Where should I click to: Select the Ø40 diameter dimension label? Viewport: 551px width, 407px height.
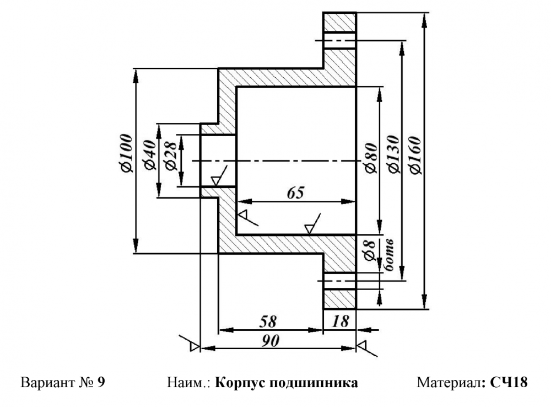coord(150,155)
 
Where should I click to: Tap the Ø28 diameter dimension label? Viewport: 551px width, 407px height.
coord(171,157)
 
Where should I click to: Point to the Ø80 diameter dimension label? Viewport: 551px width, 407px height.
coord(371,158)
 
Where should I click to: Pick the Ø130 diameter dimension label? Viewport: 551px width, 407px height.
coord(394,154)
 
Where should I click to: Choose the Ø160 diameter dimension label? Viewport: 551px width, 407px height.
coord(415,155)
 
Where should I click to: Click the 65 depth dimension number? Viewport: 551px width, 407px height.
coord(295,193)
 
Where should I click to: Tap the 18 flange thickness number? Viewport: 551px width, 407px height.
coord(340,321)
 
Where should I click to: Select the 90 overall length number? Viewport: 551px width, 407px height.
coord(270,341)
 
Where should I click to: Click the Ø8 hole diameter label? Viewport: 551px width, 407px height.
coord(370,250)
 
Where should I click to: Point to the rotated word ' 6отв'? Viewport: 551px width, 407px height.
coord(388,255)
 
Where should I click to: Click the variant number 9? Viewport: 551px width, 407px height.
coord(101,382)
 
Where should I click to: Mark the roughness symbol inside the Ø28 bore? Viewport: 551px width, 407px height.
coord(219,175)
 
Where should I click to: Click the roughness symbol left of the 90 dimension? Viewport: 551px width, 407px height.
coord(190,343)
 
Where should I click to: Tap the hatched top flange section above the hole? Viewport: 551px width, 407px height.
coord(339,22)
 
